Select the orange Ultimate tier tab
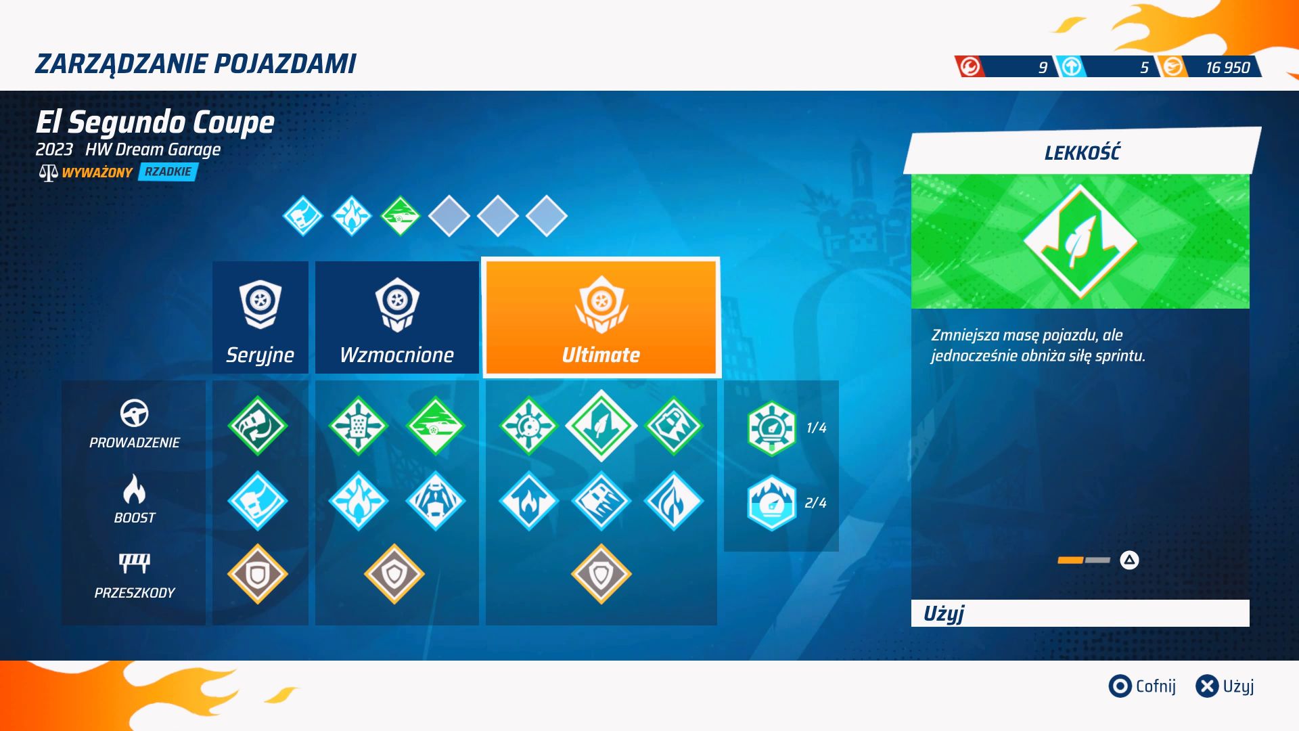point(601,317)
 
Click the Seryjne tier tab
point(260,317)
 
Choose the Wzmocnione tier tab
point(397,317)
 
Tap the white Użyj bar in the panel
point(1080,613)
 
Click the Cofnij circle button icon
point(1120,686)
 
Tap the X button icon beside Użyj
point(1207,686)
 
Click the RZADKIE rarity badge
point(168,172)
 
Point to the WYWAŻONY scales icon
point(48,173)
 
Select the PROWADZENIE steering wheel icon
point(135,413)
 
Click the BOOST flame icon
point(135,489)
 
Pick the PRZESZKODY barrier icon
point(135,562)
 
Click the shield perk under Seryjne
point(258,575)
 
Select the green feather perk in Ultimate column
point(601,426)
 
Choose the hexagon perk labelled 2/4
point(771,504)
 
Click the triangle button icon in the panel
point(1129,560)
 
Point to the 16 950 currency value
point(1227,68)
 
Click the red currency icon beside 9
point(970,67)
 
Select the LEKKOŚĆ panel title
point(1082,153)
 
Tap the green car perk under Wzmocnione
point(436,426)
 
